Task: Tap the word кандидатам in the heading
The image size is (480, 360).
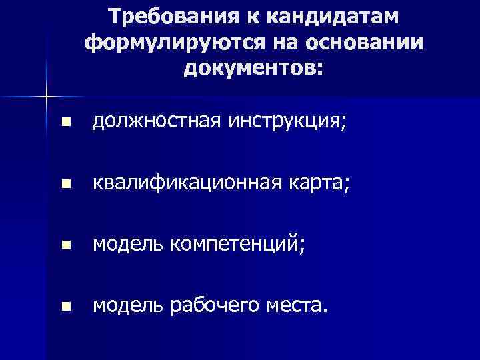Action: pos(326,16)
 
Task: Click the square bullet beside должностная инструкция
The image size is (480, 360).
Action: pos(65,123)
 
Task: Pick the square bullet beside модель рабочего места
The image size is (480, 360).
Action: pos(65,307)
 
